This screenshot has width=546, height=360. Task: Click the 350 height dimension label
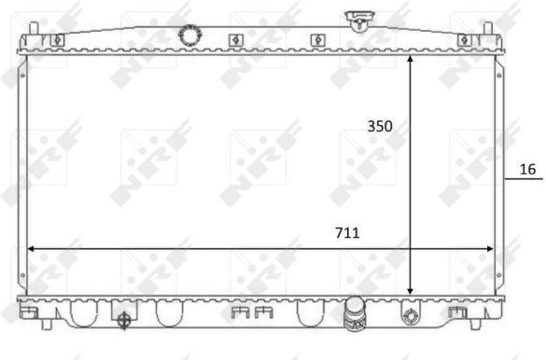coord(380,126)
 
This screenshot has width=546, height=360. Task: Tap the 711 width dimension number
coord(347,233)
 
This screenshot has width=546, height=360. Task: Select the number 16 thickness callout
coord(527,170)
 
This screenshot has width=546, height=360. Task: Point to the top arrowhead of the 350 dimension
coord(410,59)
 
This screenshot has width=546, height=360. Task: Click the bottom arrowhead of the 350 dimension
coord(410,291)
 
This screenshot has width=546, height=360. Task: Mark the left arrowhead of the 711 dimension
coord(31,249)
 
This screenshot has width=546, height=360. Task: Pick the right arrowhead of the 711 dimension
coord(490,249)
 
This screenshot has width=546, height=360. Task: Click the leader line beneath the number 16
coord(524,179)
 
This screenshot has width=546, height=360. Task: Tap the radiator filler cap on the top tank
coord(359,21)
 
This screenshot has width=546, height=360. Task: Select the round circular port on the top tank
coord(190,35)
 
